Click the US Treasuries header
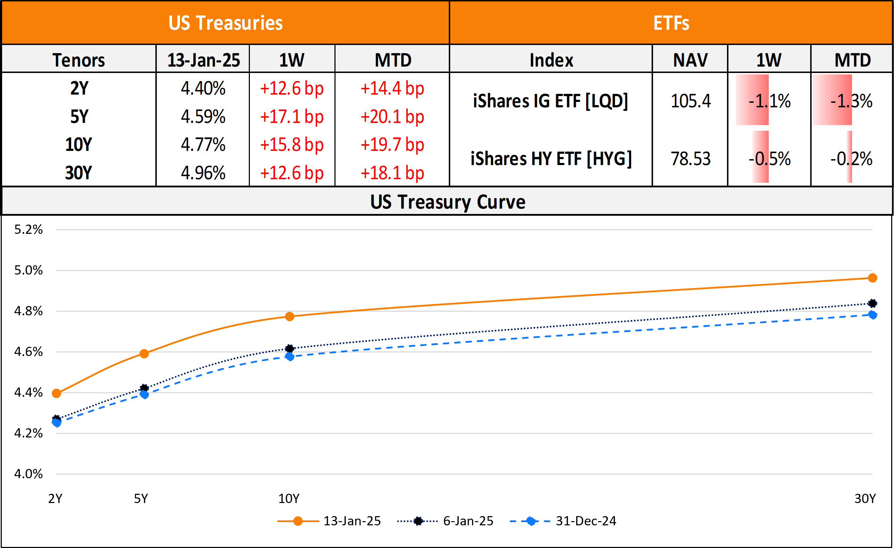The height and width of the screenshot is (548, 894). click(x=225, y=23)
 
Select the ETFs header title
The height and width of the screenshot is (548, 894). click(x=671, y=23)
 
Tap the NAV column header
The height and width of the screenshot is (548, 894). click(x=690, y=60)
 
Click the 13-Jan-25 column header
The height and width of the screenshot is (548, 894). click(x=203, y=60)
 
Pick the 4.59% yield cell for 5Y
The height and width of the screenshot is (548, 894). click(x=203, y=117)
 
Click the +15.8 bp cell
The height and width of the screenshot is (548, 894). click(x=292, y=145)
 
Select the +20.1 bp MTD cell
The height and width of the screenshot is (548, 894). click(x=392, y=117)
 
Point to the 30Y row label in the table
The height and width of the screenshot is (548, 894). click(x=79, y=173)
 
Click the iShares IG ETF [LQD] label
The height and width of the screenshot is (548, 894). click(x=550, y=101)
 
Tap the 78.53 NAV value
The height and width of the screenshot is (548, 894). click(x=690, y=159)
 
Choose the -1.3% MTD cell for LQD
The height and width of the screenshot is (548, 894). click(x=851, y=101)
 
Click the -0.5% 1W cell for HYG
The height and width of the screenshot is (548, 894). click(x=769, y=159)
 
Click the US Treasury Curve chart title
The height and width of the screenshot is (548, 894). click(x=447, y=202)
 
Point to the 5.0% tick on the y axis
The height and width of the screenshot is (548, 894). click(x=28, y=270)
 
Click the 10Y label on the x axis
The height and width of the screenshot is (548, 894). click(x=289, y=499)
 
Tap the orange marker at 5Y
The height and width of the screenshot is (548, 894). click(x=144, y=354)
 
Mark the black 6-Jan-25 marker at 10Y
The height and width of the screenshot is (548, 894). click(x=290, y=349)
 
